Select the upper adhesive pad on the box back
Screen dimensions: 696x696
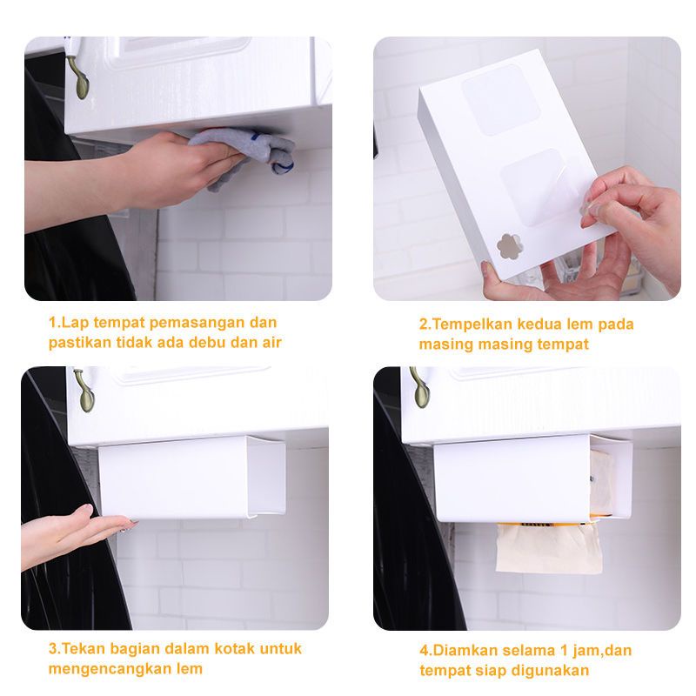pyautogui.click(x=501, y=99)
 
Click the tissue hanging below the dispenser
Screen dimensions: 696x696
pyautogui.click(x=549, y=547)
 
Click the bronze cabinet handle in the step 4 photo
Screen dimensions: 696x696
pyautogui.click(x=419, y=387)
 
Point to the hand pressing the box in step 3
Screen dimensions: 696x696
pyautogui.click(x=76, y=535)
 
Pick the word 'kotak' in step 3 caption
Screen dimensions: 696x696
pyautogui.click(x=235, y=648)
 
